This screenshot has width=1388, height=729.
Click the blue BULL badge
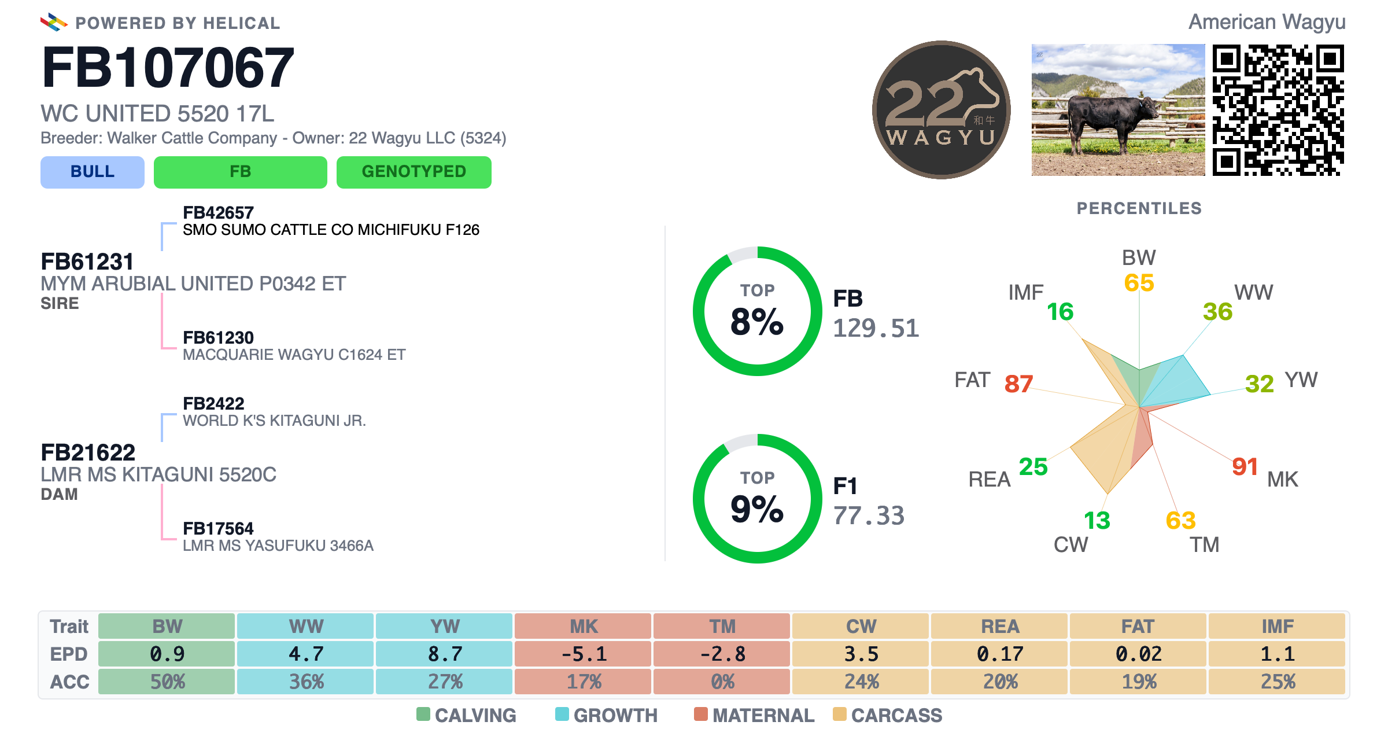coord(93,172)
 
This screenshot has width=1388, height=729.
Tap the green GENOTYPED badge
coord(414,172)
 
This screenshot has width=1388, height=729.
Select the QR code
coord(1278,110)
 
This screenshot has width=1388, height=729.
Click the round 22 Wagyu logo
coord(942,110)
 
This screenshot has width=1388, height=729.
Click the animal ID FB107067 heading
coord(168,68)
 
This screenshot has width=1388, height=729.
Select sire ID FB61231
coord(87,262)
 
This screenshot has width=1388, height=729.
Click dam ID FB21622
coord(88,452)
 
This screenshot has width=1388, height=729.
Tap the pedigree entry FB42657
coord(218,212)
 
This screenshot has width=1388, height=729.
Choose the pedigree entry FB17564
coord(218,528)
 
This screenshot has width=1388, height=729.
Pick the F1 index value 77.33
coord(869,516)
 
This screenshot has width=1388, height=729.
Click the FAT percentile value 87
coord(1018,384)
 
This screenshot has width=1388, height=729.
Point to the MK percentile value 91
coord(1245,466)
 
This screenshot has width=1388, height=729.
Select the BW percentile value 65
coord(1139,283)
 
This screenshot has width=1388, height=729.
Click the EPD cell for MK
coord(583,654)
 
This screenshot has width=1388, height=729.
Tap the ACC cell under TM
coord(722,682)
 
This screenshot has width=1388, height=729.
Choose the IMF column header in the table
coord(1277,626)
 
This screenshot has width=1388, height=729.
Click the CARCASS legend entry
coord(888,715)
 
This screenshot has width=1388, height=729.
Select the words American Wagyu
coord(1267,22)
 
